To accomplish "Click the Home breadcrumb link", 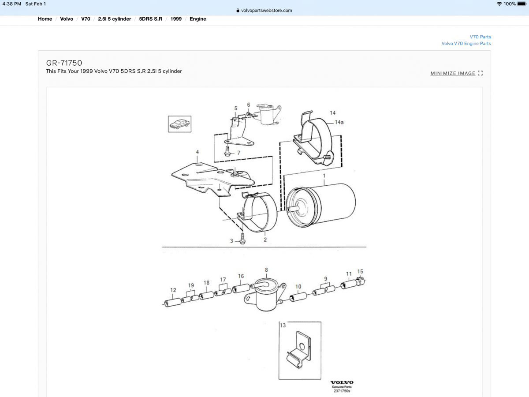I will pyautogui.click(x=45, y=19).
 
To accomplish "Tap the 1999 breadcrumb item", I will pyautogui.click(x=175, y=19).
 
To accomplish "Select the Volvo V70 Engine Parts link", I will pyautogui.click(x=466, y=43).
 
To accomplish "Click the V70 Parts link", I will pyautogui.click(x=480, y=37).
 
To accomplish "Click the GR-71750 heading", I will pyautogui.click(x=64, y=63).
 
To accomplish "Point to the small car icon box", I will pyautogui.click(x=179, y=124).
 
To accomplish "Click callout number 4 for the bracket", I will pyautogui.click(x=197, y=152).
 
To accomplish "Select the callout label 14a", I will pyautogui.click(x=339, y=122).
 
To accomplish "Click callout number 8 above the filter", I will pyautogui.click(x=266, y=270).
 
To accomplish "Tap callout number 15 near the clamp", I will pyautogui.click(x=360, y=271).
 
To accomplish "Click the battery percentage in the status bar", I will pyautogui.click(x=510, y=4).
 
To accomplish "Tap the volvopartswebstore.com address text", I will pyautogui.click(x=267, y=11).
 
